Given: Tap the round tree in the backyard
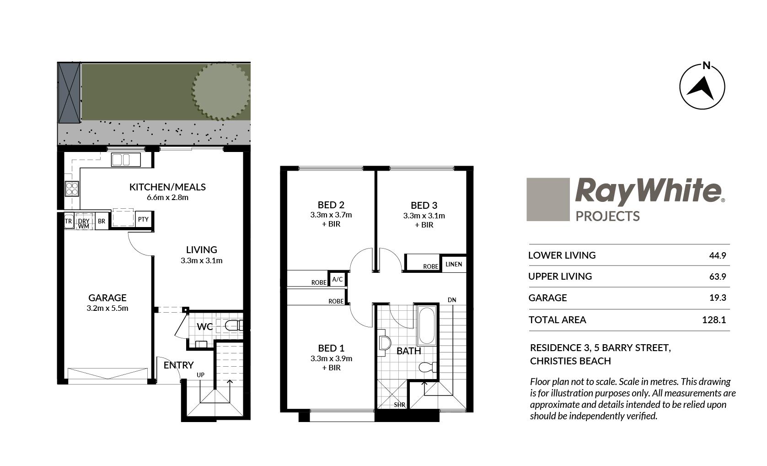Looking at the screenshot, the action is click(x=221, y=91).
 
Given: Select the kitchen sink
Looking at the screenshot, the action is click(x=126, y=160).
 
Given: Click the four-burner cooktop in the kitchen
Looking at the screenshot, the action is click(x=72, y=189).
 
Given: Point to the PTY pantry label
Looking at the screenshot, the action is click(x=143, y=219).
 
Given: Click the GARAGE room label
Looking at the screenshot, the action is click(x=107, y=298).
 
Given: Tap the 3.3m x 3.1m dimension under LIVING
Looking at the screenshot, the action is click(x=202, y=260).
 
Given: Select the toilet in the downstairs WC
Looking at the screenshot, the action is click(x=234, y=325).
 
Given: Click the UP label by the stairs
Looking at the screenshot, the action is click(x=200, y=375).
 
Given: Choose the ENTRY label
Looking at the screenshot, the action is click(x=178, y=365).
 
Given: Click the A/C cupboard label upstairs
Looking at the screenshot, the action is click(x=337, y=279).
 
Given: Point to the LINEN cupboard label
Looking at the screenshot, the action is click(x=454, y=264).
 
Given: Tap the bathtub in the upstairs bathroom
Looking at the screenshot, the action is click(x=427, y=325).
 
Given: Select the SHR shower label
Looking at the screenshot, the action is click(x=400, y=405).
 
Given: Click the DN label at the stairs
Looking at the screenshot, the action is click(x=452, y=300).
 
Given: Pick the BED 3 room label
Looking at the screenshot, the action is click(x=424, y=205).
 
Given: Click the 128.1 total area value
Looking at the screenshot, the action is click(x=714, y=320).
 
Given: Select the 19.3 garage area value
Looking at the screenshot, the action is click(x=718, y=298).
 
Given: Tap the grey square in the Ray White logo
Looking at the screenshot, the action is click(x=548, y=200).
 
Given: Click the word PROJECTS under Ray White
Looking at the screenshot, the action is click(x=608, y=216).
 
